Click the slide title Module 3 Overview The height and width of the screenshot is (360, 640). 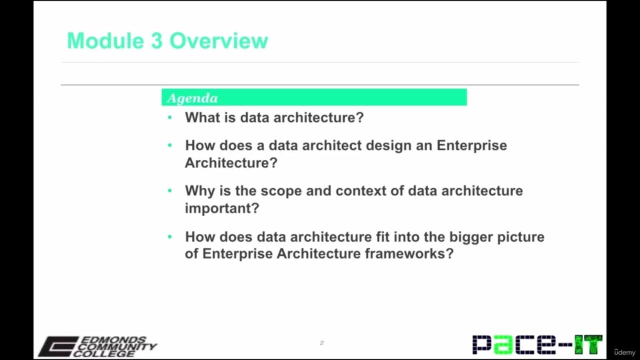(x=167, y=41)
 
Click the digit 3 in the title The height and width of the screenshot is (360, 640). (x=156, y=41)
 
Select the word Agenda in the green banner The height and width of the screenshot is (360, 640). (x=192, y=98)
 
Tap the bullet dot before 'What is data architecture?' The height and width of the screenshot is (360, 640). (x=170, y=117)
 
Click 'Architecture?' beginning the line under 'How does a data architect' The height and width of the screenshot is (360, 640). (x=231, y=162)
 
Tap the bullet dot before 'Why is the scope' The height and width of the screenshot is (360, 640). (x=170, y=190)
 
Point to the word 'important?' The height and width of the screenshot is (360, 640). (x=222, y=208)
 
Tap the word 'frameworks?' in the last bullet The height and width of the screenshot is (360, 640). (x=409, y=253)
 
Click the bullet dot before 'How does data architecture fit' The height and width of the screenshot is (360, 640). (x=170, y=236)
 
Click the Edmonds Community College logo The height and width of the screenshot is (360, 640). (x=97, y=346)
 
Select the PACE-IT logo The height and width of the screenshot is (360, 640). (x=537, y=344)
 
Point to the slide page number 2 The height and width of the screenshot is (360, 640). (x=321, y=342)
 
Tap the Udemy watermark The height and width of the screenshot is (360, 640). (x=624, y=352)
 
